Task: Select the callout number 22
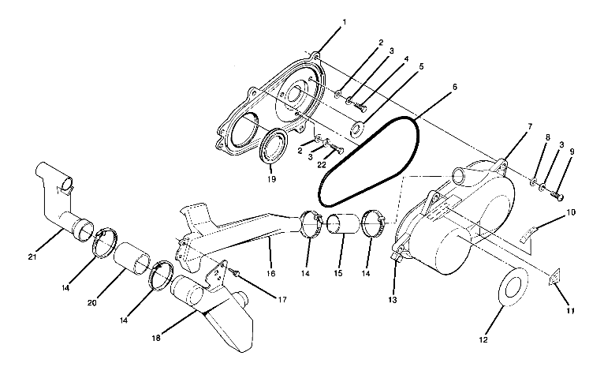pyautogui.click(x=322, y=165)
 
